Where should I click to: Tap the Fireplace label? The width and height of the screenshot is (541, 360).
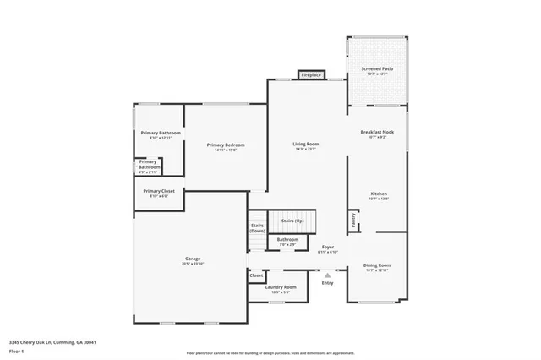311,75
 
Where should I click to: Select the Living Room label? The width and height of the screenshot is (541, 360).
305,145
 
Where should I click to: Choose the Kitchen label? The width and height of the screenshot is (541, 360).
378,194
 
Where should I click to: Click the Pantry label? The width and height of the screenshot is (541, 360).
353,219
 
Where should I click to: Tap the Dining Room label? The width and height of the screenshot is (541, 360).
377,265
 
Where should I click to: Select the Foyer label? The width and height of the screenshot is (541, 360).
327,248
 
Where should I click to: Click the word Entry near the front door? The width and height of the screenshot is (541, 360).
327,282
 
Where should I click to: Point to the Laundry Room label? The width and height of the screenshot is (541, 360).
281,287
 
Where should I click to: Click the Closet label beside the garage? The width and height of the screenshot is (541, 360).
256,276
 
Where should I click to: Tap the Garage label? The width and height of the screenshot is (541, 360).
193,259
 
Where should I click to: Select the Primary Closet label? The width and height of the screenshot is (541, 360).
158,191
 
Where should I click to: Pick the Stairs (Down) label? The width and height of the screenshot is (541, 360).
257,228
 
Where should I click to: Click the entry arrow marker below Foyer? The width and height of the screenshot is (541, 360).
327,273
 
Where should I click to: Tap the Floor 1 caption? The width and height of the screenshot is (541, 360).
17,349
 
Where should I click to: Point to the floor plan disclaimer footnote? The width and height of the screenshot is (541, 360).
270,352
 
